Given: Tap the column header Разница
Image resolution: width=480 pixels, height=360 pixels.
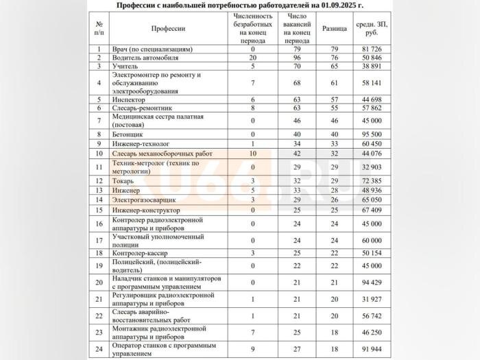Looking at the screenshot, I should pos(335,29).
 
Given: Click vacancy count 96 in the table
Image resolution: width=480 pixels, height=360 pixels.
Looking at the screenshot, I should pos(298,58).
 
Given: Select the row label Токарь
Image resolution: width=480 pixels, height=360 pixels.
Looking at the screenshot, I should pos(123,180).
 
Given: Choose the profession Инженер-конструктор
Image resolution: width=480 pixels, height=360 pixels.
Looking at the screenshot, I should pos(147,209).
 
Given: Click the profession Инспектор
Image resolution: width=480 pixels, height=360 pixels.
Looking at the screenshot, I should pos(128,99).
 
